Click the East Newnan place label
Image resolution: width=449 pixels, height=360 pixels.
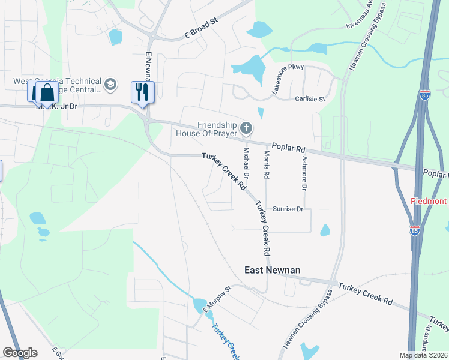click(272, 271)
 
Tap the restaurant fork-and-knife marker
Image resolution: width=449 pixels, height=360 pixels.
click(143, 92)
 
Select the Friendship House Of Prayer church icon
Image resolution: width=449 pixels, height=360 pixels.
click(246, 128)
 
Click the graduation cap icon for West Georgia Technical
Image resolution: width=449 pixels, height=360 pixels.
click(110, 85)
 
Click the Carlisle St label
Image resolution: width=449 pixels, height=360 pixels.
click(309, 99)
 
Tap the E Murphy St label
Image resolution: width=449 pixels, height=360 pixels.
click(217, 299)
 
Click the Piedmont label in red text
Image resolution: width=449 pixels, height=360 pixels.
click(429, 202)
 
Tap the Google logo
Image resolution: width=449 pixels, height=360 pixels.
click(20, 352)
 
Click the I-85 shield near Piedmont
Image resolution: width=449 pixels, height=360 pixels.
click(415, 230)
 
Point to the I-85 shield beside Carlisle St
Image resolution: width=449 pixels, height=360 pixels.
click(424, 95)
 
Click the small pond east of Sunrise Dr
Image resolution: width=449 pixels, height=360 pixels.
click(325, 230)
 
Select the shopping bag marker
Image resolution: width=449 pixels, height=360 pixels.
click(47, 93)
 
